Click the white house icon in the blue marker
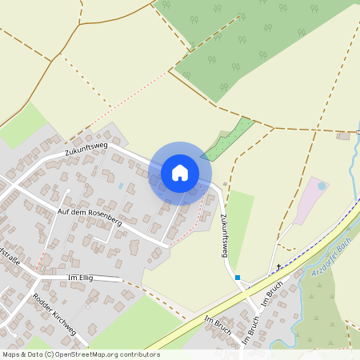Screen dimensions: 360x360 point(180,173)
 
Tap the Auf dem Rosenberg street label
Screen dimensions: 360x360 point(90,215)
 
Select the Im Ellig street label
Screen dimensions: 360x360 point(83,277)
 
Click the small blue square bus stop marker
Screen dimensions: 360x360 point(238,278)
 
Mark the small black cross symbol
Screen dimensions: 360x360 point(278,266)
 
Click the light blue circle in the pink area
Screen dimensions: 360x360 point(322,186)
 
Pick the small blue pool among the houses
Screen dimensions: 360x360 point(121,186)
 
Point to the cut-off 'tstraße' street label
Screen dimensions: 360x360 point(9,256)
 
